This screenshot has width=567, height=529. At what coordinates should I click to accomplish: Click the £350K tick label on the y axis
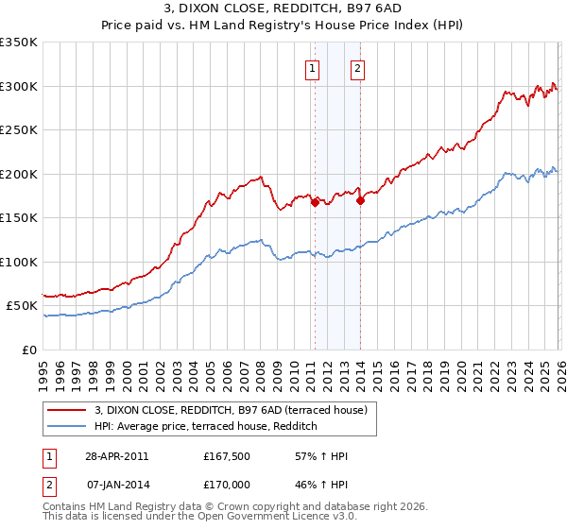[19, 43]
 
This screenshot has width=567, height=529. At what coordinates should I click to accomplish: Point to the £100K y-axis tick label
[19, 262]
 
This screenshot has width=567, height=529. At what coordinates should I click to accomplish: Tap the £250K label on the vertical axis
[19, 130]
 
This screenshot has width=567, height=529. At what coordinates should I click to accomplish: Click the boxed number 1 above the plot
[313, 67]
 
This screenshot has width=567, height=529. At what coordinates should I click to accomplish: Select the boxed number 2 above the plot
[359, 67]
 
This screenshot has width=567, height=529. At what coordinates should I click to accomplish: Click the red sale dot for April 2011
[314, 201]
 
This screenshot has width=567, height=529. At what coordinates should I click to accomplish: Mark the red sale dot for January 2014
[360, 200]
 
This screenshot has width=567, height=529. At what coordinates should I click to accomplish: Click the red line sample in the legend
[67, 410]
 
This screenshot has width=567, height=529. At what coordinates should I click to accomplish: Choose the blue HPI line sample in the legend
[67, 427]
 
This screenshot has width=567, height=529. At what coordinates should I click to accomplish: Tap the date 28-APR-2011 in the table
[116, 456]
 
